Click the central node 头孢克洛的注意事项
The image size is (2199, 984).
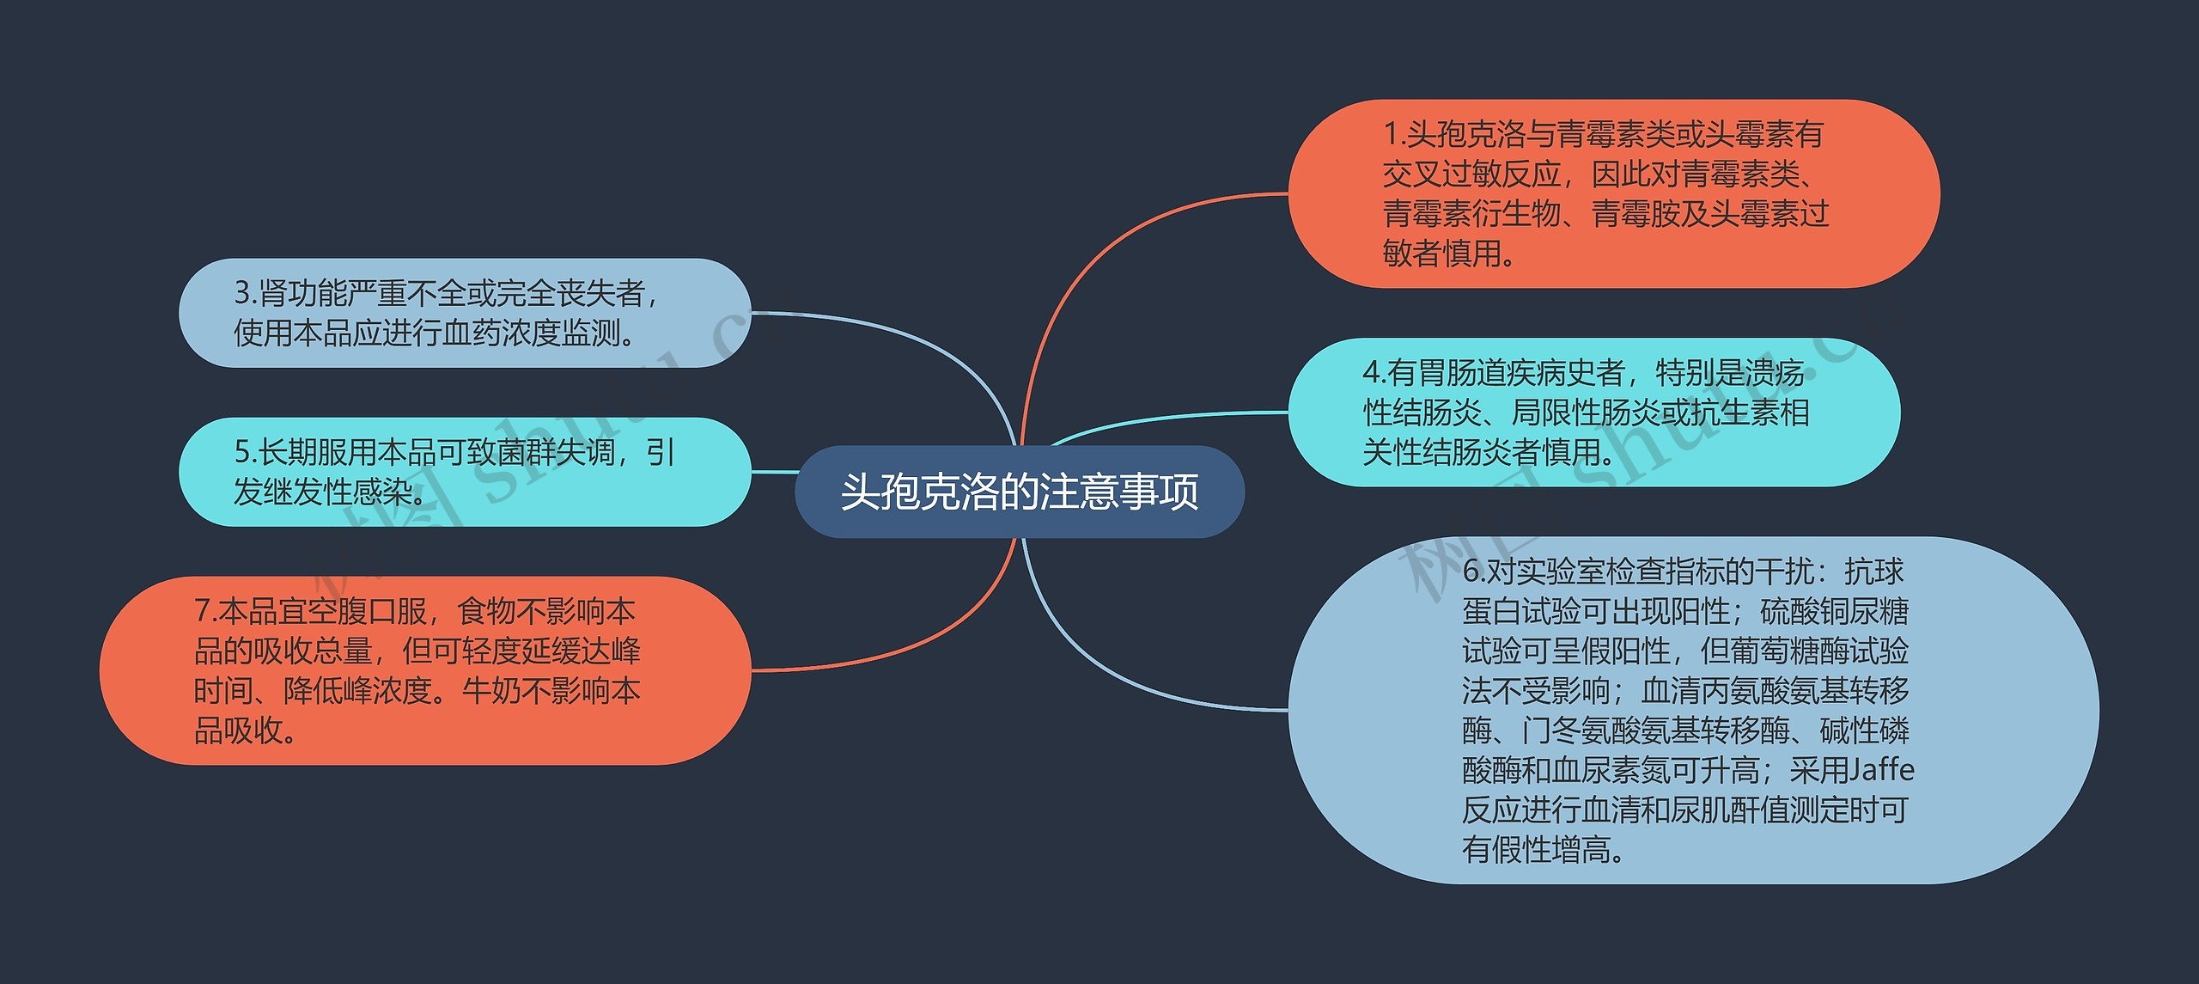1019,492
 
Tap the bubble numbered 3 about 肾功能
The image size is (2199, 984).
464,313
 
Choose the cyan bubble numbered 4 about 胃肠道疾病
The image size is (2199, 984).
1593,413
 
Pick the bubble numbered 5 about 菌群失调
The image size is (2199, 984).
464,472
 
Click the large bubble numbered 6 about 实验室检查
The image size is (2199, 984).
1692,710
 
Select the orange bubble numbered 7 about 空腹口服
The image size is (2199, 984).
425,670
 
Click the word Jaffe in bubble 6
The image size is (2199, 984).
1883,770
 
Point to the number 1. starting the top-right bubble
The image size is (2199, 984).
1393,135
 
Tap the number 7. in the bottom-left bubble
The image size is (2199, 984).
204,611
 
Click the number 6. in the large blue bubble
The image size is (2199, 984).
1473,571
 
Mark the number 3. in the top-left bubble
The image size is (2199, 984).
245,293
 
